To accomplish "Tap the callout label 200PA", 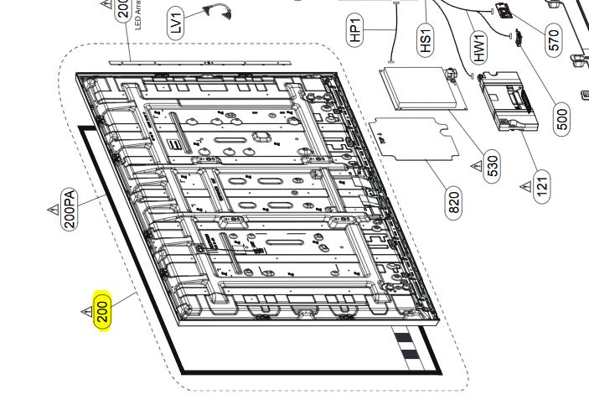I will (70, 210).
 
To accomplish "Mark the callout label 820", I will (454, 203).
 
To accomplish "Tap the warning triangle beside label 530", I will (474, 166).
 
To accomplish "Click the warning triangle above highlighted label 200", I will (85, 313).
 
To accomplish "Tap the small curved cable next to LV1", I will (215, 9).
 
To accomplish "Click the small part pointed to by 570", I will (505, 12).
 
